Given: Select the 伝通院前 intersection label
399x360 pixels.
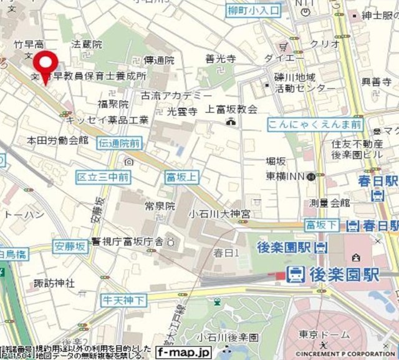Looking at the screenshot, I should (120, 144).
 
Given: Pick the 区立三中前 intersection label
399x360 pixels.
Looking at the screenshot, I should (102, 178).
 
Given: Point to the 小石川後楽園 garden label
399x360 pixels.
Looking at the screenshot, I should (227, 338).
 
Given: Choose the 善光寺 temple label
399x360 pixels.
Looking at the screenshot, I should (219, 59).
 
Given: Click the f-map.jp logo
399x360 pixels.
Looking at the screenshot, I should (183, 352).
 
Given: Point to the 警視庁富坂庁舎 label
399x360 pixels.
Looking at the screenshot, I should (127, 241).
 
